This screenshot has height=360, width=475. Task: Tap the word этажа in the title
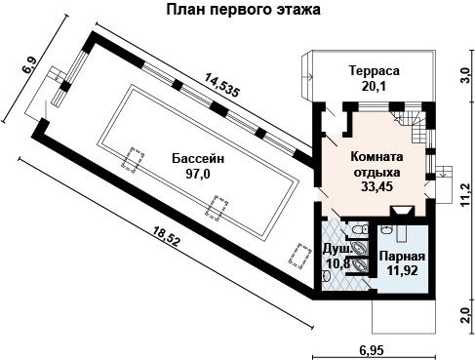coord(298,11)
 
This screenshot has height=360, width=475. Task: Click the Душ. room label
coord(337,249)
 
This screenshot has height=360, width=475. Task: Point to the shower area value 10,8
coord(337,263)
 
